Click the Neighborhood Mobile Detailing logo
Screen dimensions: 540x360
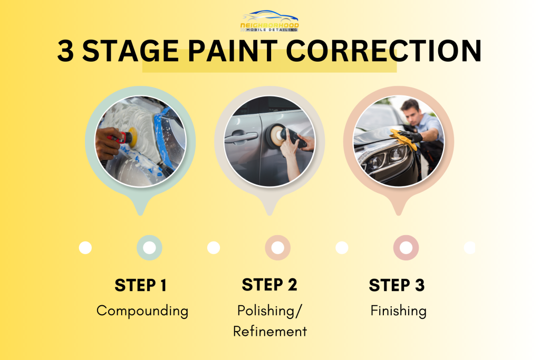point(269,21)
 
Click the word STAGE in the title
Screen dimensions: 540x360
point(131,51)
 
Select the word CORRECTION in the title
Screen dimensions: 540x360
point(384,51)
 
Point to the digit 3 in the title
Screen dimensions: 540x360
point(65,51)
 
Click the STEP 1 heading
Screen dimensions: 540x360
point(140,285)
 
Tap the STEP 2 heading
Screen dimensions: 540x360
point(269,285)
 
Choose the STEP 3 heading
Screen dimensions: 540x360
point(397,285)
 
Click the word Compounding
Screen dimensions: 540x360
point(142,311)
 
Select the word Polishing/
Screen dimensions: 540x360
point(269,310)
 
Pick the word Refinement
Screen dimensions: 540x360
point(270,332)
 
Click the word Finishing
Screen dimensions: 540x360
point(399,311)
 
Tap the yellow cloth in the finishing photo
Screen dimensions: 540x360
point(403,138)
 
